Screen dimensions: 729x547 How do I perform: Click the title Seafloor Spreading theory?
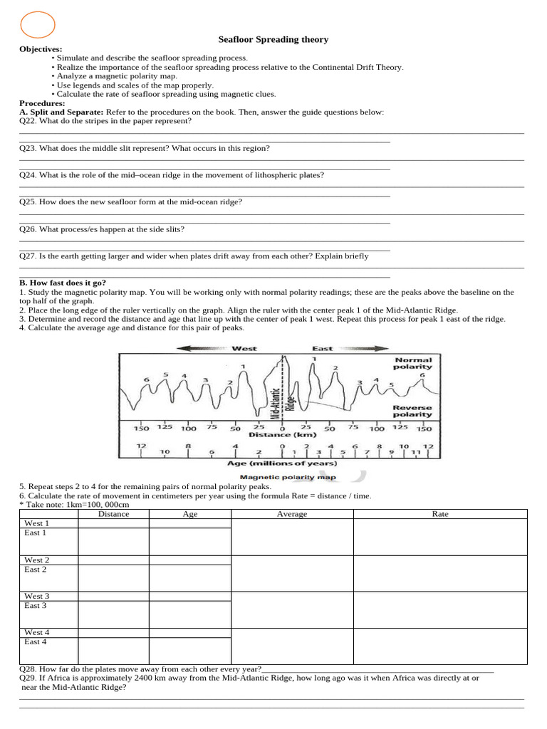click(x=273, y=40)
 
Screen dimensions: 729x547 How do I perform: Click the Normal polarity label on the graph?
click(x=412, y=363)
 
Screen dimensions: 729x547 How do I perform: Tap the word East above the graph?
click(x=323, y=349)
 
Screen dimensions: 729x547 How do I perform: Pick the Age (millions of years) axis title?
click(x=282, y=463)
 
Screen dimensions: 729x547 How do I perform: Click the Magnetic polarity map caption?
click(x=288, y=478)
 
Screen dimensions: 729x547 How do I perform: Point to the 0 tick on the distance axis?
click(x=282, y=428)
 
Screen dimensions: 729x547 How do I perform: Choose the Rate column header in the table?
click(x=440, y=514)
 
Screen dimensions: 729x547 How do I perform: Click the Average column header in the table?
click(x=292, y=514)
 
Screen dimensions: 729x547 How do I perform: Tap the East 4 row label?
click(x=36, y=641)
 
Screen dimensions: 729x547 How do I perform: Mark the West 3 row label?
click(x=36, y=596)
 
